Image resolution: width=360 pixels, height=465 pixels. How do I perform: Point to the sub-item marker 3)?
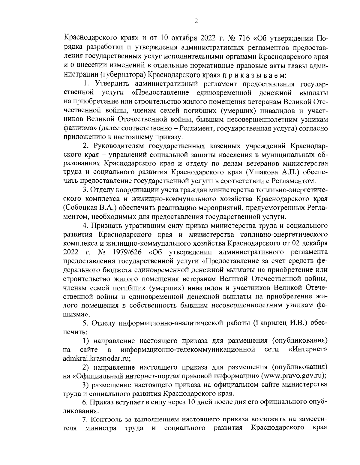[x=86, y=384]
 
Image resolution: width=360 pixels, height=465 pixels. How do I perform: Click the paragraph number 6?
[x=85, y=402]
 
